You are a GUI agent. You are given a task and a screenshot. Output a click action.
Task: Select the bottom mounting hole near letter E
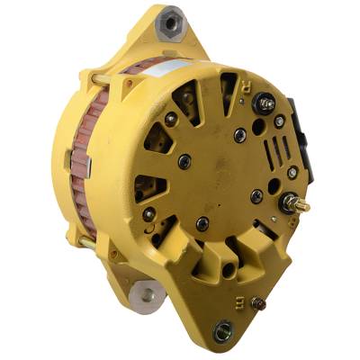222,334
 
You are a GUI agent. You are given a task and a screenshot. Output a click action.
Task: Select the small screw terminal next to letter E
258,303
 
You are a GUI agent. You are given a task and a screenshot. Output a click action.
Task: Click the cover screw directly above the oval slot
202,221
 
